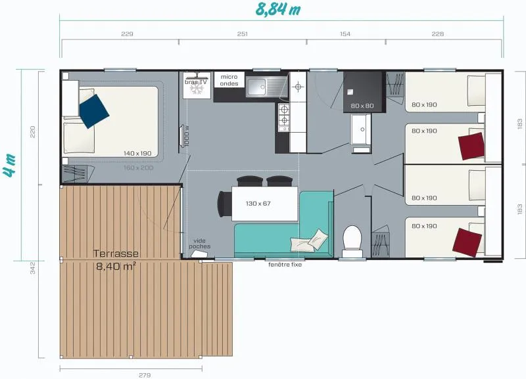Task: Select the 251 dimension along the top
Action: [x=242, y=34]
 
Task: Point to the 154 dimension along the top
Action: [x=345, y=34]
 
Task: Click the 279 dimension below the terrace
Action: [x=144, y=375]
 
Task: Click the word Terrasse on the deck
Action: [x=116, y=254]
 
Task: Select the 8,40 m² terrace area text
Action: [x=116, y=266]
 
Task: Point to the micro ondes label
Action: [x=229, y=80]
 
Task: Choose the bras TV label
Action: [x=196, y=81]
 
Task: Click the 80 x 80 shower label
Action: [x=362, y=106]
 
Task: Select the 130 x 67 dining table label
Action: [x=258, y=204]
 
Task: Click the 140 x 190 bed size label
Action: [x=137, y=153]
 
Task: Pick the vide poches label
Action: [x=200, y=244]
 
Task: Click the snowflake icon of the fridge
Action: [x=196, y=91]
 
